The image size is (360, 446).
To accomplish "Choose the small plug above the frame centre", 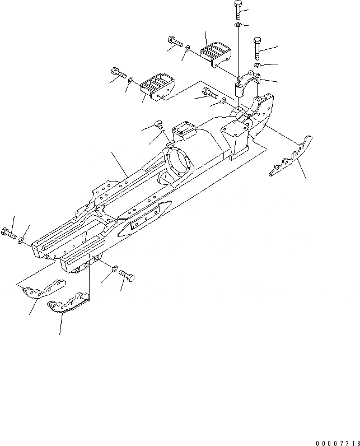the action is (x=158, y=124).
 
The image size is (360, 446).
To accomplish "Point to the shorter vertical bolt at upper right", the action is (x=258, y=48).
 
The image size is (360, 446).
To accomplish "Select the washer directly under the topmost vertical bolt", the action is (x=238, y=26).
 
